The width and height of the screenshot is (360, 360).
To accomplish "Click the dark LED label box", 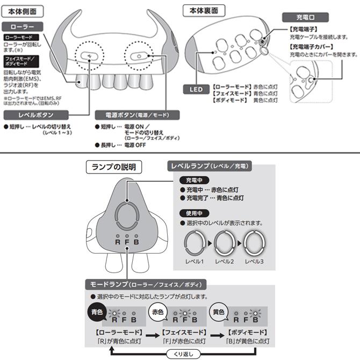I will point(196,89).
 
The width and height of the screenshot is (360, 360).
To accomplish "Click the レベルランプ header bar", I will point(210,167).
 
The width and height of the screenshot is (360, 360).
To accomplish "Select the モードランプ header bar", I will point(145,284).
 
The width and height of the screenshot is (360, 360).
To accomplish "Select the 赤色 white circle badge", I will point(157,311).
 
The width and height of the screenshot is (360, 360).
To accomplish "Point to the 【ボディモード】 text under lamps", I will point(248,333).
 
